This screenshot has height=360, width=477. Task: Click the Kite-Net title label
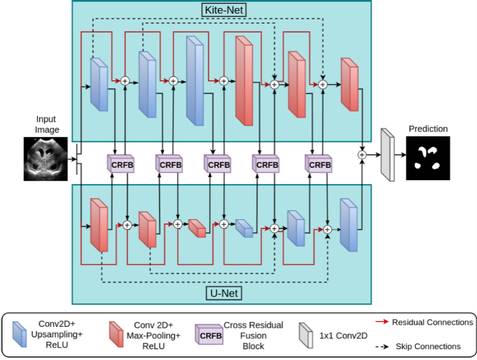pyautogui.click(x=222, y=10)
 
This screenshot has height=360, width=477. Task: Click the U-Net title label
pyautogui.click(x=222, y=293)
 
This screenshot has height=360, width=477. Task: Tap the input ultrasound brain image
pyautogui.click(x=46, y=158)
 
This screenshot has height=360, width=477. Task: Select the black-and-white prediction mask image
pyautogui.click(x=428, y=158)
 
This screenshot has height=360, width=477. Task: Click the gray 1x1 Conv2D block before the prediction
pyautogui.click(x=387, y=155)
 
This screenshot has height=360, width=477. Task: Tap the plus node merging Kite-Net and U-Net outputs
pyautogui.click(x=362, y=155)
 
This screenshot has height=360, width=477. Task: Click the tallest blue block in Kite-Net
pyautogui.click(x=195, y=81)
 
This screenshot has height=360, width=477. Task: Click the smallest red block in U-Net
pyautogui.click(x=196, y=228)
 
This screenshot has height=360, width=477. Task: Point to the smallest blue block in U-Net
pyautogui.click(x=244, y=228)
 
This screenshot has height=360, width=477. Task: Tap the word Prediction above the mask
pyautogui.click(x=428, y=129)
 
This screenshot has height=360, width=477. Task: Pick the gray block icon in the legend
pyautogui.click(x=306, y=334)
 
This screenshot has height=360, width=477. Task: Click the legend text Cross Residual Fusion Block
pyautogui.click(x=253, y=335)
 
